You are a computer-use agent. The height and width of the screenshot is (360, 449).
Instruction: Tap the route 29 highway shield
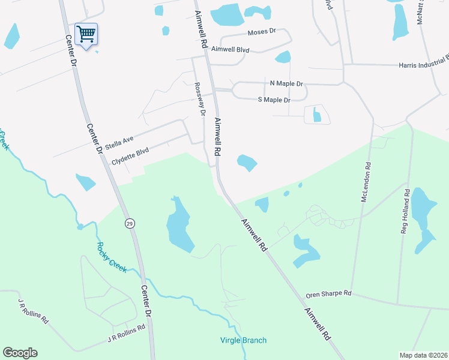point(130,224)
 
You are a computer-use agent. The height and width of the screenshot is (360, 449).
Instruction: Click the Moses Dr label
point(261,31)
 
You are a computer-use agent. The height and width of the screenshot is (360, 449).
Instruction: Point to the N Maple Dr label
point(286,83)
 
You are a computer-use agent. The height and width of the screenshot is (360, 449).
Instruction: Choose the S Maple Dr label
point(274,100)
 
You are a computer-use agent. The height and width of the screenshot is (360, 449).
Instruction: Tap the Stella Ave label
point(119,143)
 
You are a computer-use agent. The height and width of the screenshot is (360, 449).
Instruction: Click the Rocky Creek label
point(112,257)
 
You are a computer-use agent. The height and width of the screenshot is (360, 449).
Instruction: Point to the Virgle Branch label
point(243,340)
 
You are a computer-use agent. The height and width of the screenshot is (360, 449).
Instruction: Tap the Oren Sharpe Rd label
point(328,294)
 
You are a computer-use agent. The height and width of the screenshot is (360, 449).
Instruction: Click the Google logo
point(20,353)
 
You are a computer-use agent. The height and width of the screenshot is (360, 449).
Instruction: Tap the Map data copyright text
point(423,355)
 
